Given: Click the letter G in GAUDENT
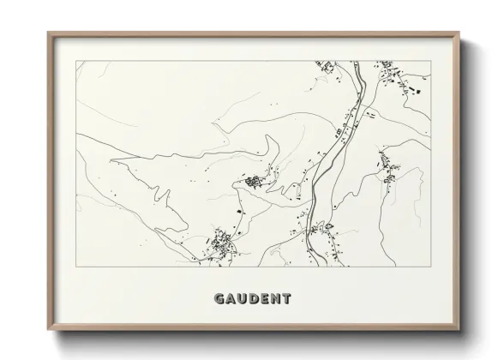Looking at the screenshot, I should click(219, 299).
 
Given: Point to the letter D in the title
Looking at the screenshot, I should click(255, 299).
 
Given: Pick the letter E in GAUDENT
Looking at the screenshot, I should click(266, 299).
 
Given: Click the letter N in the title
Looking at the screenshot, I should click(276, 299).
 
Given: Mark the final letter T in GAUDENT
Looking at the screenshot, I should click(287, 299).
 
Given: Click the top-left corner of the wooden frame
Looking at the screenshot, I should click(48, 33).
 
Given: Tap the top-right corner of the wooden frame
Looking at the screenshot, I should click(460, 33).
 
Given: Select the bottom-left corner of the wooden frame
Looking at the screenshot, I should click(48, 330).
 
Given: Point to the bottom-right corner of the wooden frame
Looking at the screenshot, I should click(460, 330).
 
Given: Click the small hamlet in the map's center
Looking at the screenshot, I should click(253, 181).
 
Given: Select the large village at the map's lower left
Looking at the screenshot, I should click(221, 243).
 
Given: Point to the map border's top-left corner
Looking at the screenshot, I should click(76, 61).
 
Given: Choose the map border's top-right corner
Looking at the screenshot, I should click(431, 61).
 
